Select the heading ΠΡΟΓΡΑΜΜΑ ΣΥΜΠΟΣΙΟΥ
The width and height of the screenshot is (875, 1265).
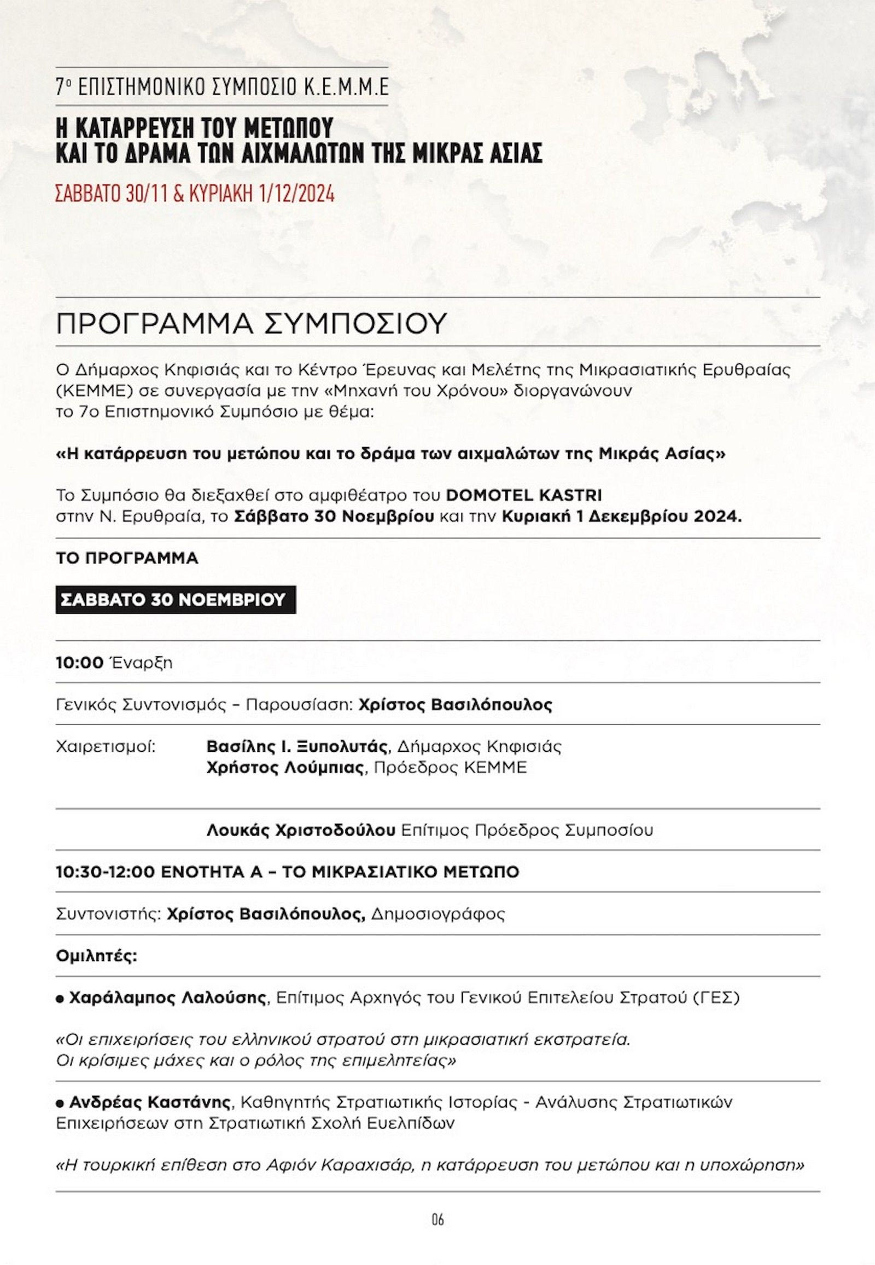pos(249,324)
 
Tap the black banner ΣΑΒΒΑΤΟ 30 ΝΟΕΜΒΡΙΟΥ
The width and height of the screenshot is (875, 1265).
pos(176,600)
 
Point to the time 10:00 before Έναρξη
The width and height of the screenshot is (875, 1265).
pos(79,663)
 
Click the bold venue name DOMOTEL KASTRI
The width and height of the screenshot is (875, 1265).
pos(523,495)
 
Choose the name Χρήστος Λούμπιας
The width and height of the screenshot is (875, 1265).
pos(285,768)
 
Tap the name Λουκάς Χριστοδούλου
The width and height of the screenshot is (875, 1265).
pos(301,831)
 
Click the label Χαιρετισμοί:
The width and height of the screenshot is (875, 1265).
pos(106,747)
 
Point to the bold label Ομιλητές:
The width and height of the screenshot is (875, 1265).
pos(96,956)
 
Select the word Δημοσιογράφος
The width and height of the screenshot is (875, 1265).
pos(437,914)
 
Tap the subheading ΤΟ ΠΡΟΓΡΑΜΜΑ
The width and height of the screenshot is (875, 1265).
pos(127,559)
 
